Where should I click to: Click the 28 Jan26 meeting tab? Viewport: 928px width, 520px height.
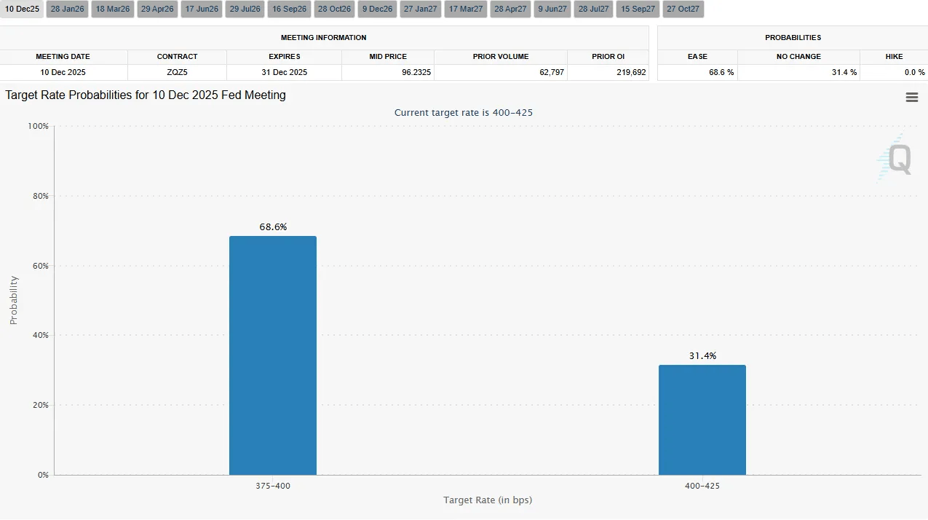(67, 9)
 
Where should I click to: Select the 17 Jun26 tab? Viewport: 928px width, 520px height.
(201, 9)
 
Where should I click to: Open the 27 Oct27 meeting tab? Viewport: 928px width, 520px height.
(683, 9)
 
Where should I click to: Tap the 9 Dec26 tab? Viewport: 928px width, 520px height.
(377, 9)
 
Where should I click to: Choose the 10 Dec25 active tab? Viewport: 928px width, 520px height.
(22, 9)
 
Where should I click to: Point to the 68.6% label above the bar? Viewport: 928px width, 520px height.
(273, 226)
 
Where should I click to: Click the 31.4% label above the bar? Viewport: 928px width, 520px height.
(702, 355)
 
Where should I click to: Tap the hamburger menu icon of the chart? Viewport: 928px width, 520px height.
(911, 98)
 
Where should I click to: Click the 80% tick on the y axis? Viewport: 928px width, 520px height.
(39, 196)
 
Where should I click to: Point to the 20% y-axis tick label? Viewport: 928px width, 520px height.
(39, 405)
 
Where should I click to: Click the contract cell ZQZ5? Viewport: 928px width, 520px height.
(177, 73)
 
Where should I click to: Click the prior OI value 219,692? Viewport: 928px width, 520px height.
(630, 73)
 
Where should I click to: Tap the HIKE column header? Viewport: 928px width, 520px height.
(893, 56)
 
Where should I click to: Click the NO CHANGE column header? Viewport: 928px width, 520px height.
(798, 56)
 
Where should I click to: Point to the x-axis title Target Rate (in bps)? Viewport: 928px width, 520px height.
(488, 500)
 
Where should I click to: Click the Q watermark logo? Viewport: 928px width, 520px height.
(895, 159)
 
